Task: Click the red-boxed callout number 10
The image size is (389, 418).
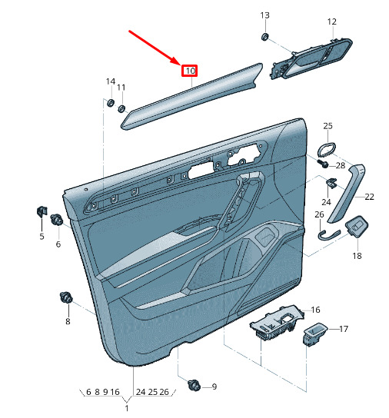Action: point(190,71)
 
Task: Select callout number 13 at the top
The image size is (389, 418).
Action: point(265,15)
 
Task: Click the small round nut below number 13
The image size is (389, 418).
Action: point(265,37)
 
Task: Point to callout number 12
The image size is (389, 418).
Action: point(332,22)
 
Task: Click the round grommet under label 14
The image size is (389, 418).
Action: point(110,102)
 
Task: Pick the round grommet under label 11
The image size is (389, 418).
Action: point(121,108)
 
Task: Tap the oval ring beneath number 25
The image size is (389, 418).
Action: point(326,149)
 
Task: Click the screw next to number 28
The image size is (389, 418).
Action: point(323,163)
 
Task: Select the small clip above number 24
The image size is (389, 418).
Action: point(331,183)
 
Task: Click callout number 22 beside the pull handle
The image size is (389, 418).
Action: point(369,197)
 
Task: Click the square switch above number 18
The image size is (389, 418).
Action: point(357,226)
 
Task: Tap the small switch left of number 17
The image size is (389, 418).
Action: point(314,334)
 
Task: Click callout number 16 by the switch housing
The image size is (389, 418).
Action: point(315,310)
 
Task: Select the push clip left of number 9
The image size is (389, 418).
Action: point(194,385)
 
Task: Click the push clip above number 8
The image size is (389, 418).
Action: point(66,297)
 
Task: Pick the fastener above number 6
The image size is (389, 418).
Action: point(57,220)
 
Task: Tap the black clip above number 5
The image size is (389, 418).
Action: point(42,211)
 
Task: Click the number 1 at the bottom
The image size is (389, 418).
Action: point(127,408)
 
